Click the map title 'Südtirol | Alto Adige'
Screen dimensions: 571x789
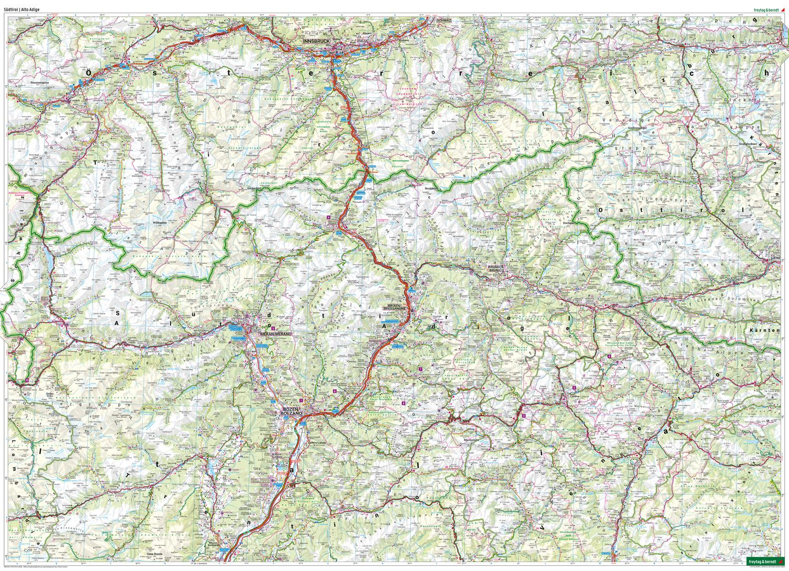22,9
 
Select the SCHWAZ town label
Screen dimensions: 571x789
443,20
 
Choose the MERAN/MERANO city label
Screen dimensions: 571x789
271,334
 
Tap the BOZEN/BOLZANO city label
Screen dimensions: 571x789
291,412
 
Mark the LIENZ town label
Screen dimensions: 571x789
775,258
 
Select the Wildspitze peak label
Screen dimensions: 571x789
159,223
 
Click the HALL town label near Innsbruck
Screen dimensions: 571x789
361,41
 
